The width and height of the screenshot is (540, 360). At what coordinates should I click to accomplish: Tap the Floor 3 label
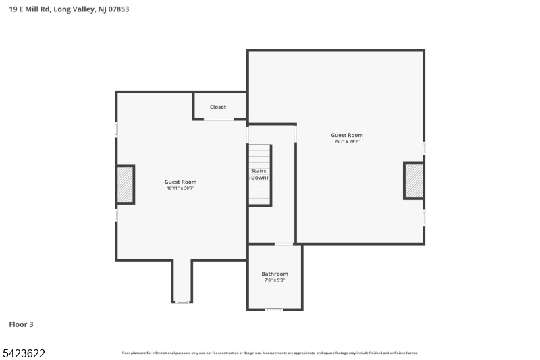coord(21,324)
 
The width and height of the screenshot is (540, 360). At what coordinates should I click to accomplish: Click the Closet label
coord(218,107)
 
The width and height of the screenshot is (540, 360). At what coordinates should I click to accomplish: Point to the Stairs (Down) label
coord(259,174)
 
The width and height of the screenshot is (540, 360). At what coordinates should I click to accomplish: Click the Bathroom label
coord(275,274)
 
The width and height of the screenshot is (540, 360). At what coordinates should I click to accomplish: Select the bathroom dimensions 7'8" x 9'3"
coord(275,280)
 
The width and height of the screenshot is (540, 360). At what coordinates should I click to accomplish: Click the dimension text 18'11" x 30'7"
coord(181,188)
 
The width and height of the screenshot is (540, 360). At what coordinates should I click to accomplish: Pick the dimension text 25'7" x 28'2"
coord(347,142)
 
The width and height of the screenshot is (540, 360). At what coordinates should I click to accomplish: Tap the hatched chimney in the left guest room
coord(126,184)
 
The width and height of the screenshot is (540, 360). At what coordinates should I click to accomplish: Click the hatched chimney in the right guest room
coord(413,180)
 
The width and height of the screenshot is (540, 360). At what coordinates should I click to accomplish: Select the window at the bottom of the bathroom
coord(273,309)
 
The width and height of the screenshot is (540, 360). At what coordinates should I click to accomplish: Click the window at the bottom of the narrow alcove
coord(182,302)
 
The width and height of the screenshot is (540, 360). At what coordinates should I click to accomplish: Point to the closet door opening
coord(219,120)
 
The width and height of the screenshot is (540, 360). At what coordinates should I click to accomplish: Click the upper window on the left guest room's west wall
coord(116,129)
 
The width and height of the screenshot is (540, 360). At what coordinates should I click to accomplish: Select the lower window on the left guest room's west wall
coord(116,215)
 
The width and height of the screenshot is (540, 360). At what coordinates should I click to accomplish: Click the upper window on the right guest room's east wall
coord(424,147)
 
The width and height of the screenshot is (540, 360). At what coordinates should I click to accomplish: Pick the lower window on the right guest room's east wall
coord(424,217)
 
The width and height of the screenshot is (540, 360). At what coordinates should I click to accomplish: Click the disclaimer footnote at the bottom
coord(270,353)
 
